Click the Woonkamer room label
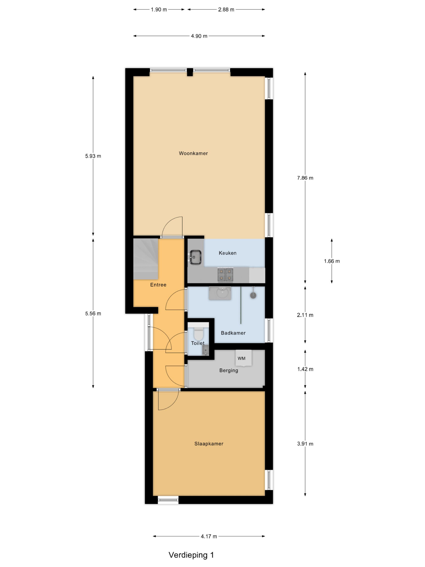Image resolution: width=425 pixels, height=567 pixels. coord(193,153)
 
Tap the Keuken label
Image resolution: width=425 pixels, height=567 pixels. coord(228,253)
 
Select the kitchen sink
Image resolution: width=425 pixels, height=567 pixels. coord(195,257)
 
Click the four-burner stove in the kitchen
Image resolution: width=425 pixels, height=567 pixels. coord(225,274)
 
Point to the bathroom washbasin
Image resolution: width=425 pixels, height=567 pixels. coord(220,293)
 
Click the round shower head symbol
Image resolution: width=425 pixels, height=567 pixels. coord(253,295)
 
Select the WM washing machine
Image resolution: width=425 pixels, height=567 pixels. coord(244,358)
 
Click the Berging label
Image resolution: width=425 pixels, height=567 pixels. coord(229,370)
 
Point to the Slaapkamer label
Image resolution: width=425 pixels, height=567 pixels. coord(209,444)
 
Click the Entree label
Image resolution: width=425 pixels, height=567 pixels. coord(158,285)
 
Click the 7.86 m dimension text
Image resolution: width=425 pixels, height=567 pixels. coord(305,178)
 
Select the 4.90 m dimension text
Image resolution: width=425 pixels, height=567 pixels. coord(199,36)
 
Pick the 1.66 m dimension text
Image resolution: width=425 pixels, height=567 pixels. coord(332,261)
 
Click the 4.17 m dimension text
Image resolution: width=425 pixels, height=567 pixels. coord(209,536)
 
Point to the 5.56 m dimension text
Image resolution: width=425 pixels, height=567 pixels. coord(93,313)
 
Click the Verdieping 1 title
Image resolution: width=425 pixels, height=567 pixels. coord(191,555)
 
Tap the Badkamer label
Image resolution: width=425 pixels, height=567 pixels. coord(233,333)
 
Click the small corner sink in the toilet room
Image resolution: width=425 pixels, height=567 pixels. coord(205,350)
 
